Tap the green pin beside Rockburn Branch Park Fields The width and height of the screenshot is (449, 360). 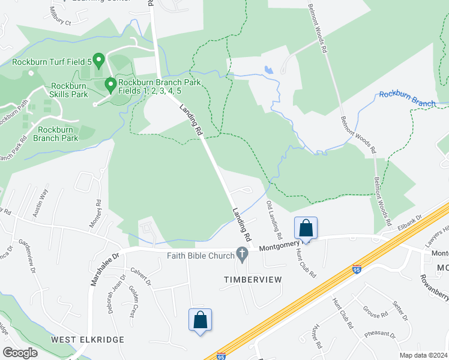[x=110, y=85]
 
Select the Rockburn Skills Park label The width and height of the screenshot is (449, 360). [x=70, y=90]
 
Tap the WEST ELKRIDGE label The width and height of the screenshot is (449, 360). [x=88, y=340]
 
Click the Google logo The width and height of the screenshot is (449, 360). [x=20, y=352]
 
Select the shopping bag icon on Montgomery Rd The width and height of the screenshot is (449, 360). [x=306, y=229]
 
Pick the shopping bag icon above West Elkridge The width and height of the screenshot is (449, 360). [x=200, y=319]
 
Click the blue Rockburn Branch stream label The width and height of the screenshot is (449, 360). [x=407, y=99]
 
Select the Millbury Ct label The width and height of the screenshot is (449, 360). [x=60, y=16]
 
